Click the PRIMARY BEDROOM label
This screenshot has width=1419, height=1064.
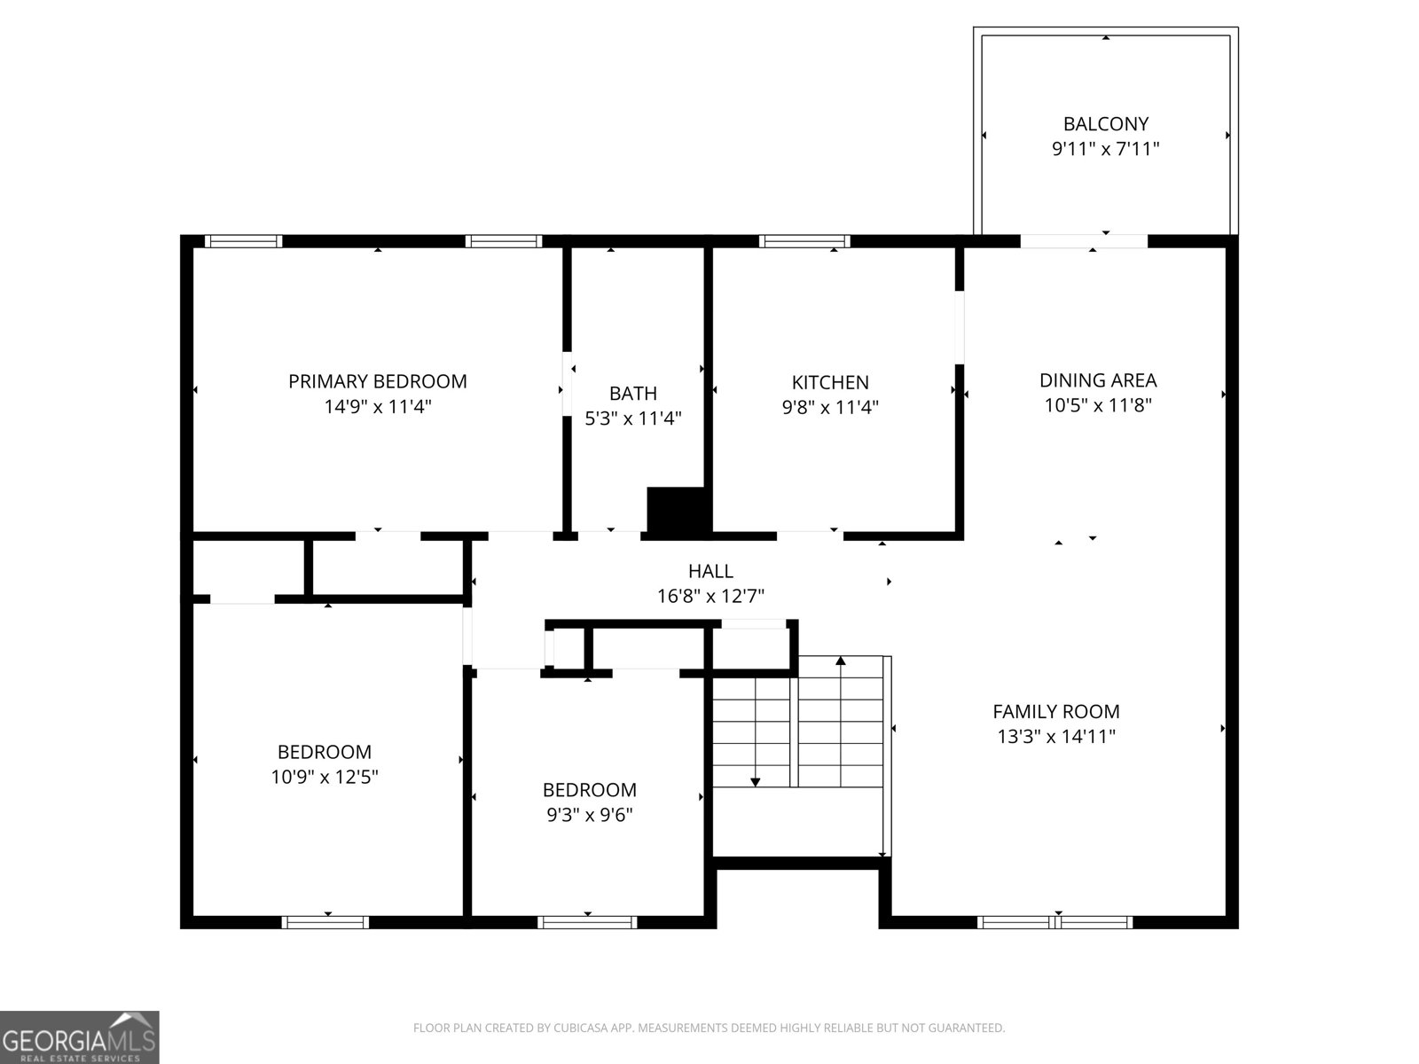(378, 382)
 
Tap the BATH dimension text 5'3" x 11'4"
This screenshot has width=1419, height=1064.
(633, 419)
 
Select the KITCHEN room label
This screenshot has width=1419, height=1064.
(830, 382)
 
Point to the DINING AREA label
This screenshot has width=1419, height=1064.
(1098, 380)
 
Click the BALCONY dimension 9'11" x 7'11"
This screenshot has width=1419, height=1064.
(1105, 149)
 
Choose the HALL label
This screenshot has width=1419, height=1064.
(710, 571)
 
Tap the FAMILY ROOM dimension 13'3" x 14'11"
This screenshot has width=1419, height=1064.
(1056, 737)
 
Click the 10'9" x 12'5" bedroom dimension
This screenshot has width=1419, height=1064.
(325, 777)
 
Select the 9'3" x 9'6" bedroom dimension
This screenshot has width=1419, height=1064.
(589, 815)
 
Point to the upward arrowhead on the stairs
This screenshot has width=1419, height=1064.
(841, 661)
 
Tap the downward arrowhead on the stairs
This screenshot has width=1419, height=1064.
(755, 782)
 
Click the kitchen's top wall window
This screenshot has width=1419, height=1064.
(804, 241)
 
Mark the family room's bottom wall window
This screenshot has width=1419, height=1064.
(1054, 922)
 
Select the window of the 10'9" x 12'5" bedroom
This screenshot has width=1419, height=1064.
(325, 922)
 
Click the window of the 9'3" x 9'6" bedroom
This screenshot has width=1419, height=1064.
(587, 922)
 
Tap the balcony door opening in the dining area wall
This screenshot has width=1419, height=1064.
(1084, 241)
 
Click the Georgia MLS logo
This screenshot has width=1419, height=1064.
(79, 1037)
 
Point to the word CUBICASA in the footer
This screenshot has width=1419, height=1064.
(578, 1028)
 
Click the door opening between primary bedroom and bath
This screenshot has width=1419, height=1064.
(567, 384)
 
